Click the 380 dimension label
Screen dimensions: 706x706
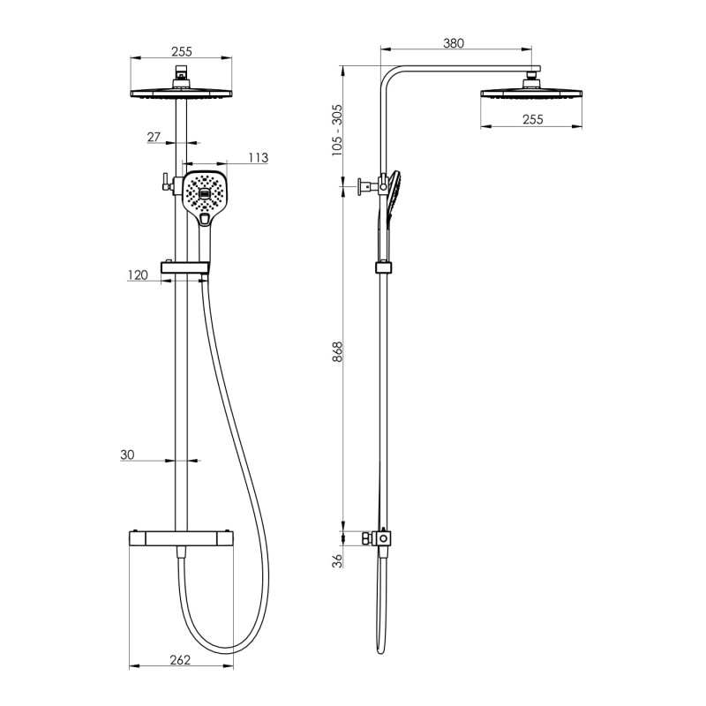coord(453,43)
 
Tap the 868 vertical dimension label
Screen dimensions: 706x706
coord(337,351)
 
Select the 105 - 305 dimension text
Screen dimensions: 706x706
coord(337,131)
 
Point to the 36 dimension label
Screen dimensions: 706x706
coord(337,560)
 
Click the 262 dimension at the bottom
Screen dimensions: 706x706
coord(180,660)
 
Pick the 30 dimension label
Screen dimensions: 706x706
coord(127,454)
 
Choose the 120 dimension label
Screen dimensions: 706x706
coord(138,275)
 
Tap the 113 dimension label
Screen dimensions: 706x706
coord(259,158)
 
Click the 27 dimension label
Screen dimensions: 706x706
coord(154,137)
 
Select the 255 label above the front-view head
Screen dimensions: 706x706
coord(182,52)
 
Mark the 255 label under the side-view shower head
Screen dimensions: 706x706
coord(533,119)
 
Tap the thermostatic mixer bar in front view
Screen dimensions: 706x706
coord(182,538)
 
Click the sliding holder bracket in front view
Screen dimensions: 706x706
coord(185,268)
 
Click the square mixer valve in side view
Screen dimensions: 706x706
coord(383,538)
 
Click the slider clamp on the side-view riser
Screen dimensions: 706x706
coord(383,268)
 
